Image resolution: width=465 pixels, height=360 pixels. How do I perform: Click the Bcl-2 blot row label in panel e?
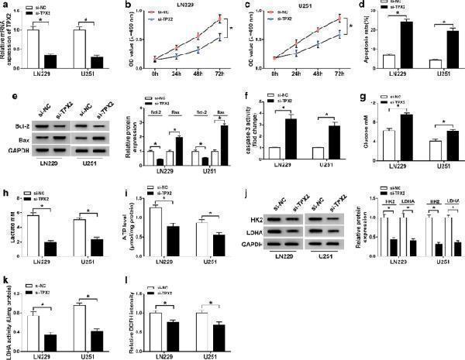click(15, 122)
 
